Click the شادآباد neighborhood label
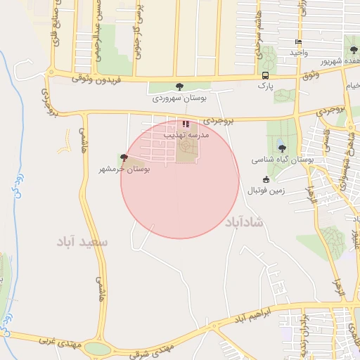244,222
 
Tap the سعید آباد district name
84,242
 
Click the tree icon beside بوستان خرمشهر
124,157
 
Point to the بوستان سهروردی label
179,98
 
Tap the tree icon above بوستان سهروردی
180,86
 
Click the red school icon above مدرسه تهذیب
186,123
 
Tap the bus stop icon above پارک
265,75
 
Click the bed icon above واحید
299,42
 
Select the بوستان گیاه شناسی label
282,160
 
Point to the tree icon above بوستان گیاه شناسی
282,148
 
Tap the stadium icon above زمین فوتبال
266,179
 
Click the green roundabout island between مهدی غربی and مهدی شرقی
98,349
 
